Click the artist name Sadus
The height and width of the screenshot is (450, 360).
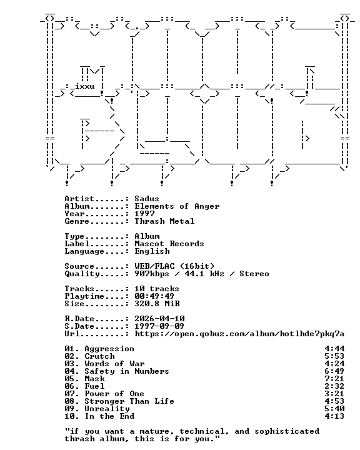[x=147, y=199]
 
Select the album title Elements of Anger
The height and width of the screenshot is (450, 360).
[x=177, y=206]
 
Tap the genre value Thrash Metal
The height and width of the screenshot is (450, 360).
[x=164, y=221]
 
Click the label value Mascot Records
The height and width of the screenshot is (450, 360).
[x=169, y=244]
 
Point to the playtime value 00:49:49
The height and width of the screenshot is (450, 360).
[x=154, y=296]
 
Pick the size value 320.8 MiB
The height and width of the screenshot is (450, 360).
[x=157, y=303]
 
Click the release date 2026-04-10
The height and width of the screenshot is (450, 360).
[x=159, y=319]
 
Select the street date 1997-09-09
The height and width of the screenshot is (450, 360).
[x=159, y=326]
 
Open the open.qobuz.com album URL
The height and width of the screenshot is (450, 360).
[x=239, y=334]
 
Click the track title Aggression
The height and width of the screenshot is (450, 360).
[x=109, y=349]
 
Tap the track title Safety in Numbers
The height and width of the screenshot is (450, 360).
[x=127, y=371]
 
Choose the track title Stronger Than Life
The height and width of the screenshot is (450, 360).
[x=129, y=401]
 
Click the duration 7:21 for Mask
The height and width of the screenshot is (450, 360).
[x=334, y=379]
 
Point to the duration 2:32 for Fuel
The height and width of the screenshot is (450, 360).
[x=334, y=386]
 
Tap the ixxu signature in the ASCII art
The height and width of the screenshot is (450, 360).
[x=85, y=86]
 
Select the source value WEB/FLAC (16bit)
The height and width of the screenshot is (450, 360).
[x=174, y=266]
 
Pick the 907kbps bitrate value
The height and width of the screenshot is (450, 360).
[x=152, y=274]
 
